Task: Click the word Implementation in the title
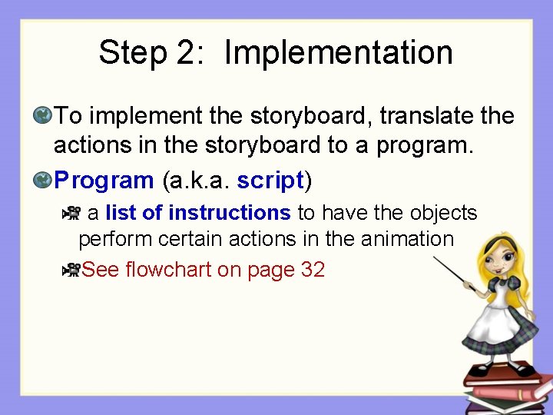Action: point(338,53)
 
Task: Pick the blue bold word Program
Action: point(104,181)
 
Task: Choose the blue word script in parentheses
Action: point(271,181)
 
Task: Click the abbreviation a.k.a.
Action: point(196,181)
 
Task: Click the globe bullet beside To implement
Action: point(42,116)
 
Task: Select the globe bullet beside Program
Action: point(42,181)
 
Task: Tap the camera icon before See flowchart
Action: point(72,270)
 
